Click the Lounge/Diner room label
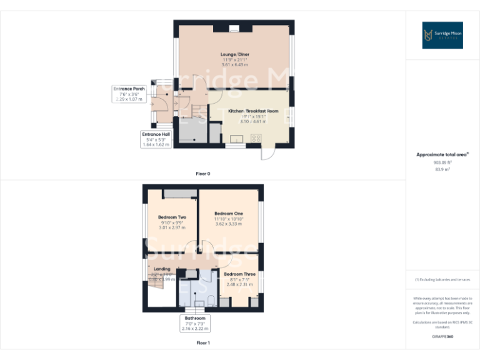point(234,54)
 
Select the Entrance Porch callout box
point(129,94)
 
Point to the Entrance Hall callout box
point(156,139)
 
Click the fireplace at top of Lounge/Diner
point(234,27)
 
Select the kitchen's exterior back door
point(267,154)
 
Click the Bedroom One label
point(229,214)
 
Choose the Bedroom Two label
point(172,217)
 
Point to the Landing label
point(162,269)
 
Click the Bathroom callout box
point(194,323)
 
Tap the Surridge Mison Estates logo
point(442,35)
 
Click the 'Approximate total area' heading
point(442,154)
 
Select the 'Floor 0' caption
point(203,173)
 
